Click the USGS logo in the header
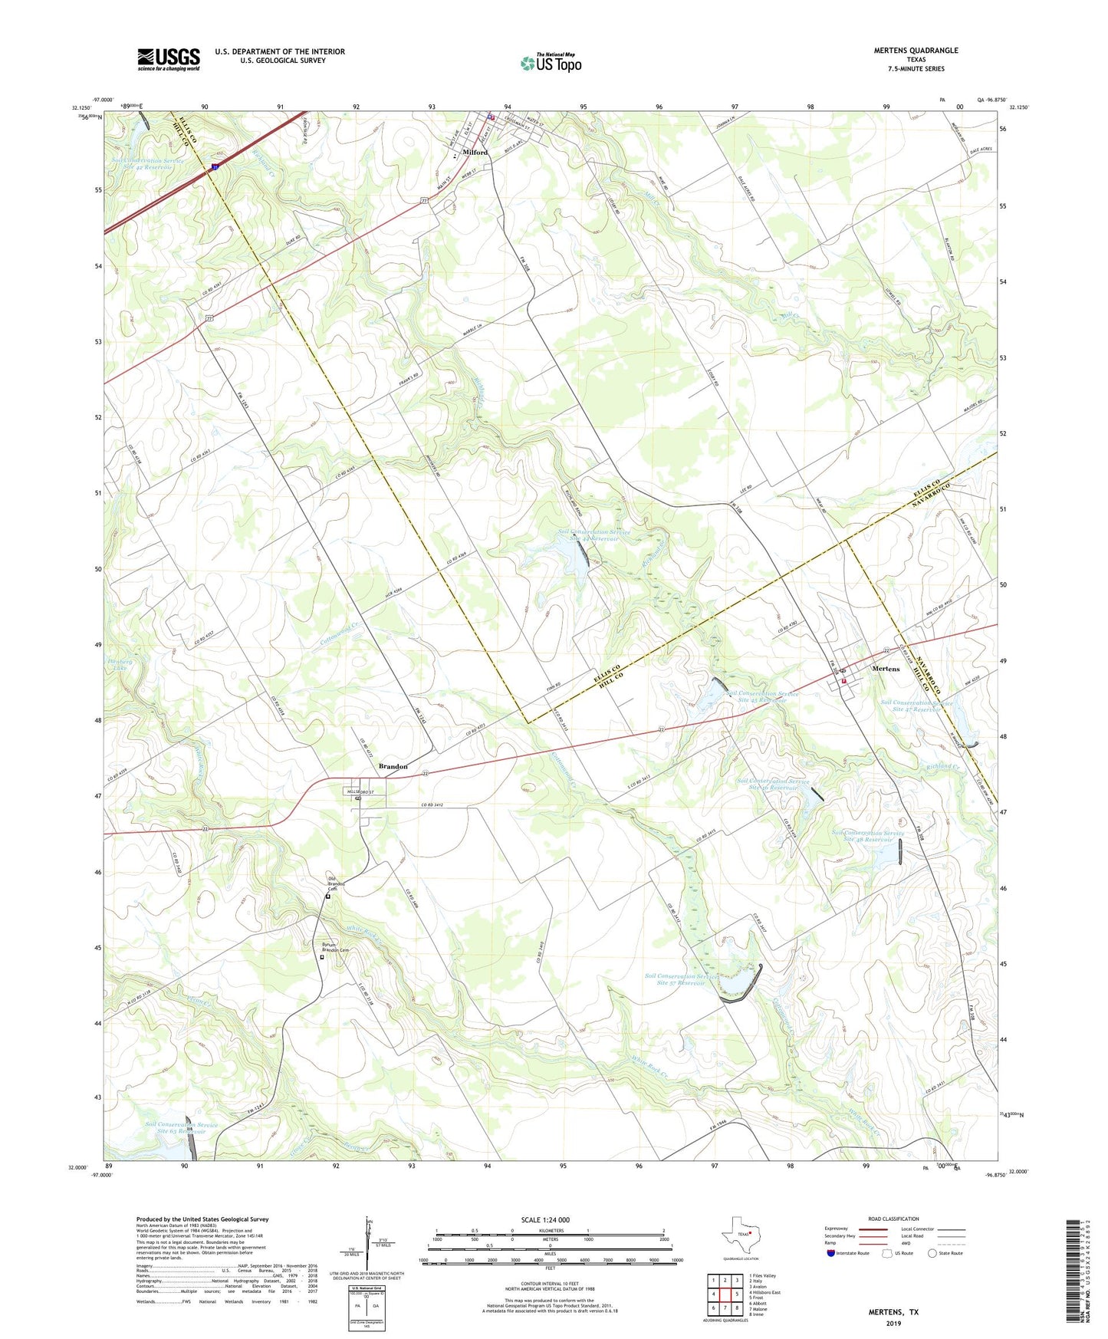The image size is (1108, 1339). (168, 59)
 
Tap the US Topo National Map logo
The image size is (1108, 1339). (550, 63)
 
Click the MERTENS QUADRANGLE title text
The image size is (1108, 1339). (916, 51)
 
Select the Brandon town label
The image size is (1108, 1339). (393, 766)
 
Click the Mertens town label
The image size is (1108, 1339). (886, 669)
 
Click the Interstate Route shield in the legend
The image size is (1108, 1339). (830, 1253)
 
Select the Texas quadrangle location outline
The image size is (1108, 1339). (739, 1238)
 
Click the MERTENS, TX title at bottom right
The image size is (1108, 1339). (893, 1312)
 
